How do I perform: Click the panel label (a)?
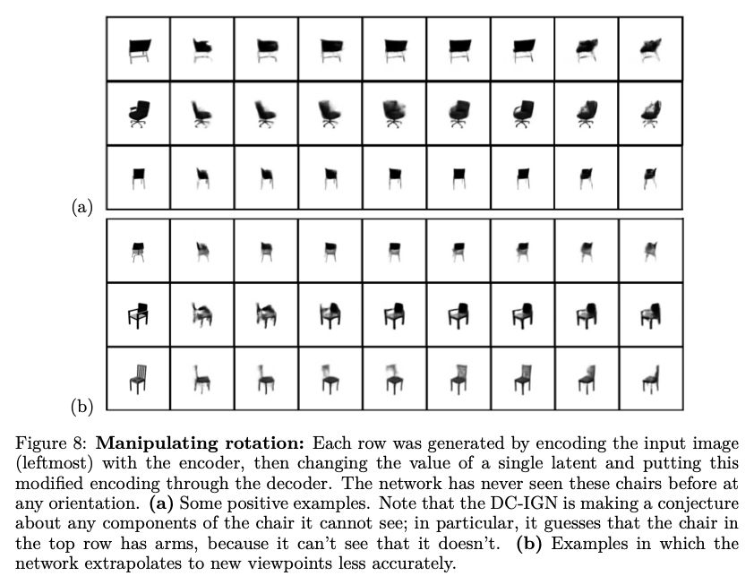pyautogui.click(x=81, y=207)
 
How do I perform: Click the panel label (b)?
pyautogui.click(x=81, y=407)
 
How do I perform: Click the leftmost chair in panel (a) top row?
pyautogui.click(x=139, y=49)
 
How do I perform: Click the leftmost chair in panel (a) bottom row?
pyautogui.click(x=139, y=176)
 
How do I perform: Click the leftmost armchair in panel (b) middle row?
pyautogui.click(x=139, y=314)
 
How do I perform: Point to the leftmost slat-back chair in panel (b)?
pyautogui.click(x=139, y=378)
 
